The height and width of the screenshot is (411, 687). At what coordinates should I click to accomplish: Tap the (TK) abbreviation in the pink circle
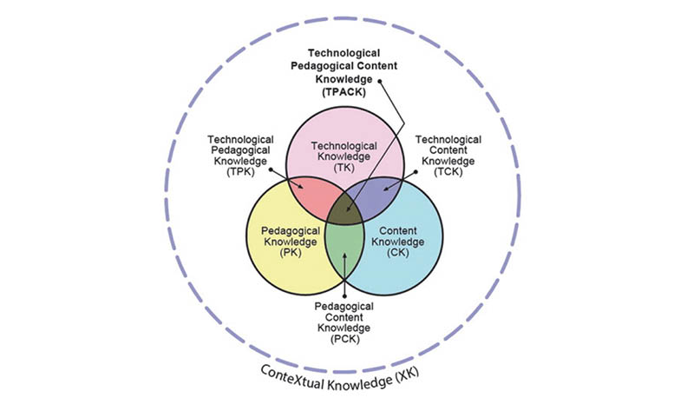coord(347,167)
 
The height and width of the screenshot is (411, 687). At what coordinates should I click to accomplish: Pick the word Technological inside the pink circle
coord(347,144)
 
